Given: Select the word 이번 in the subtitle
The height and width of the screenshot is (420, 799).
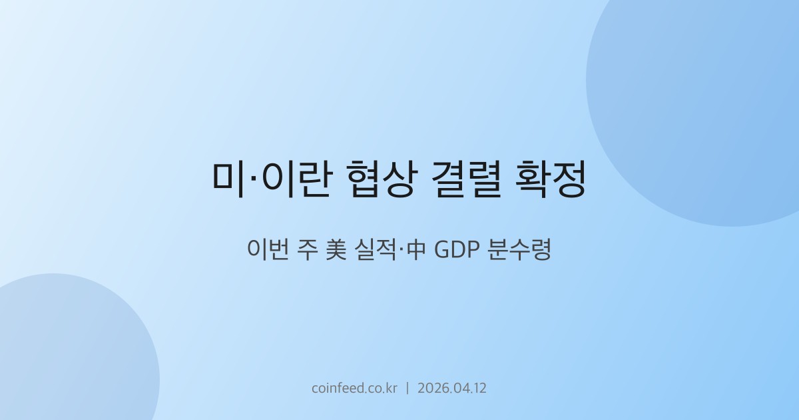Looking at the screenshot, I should [x=268, y=251].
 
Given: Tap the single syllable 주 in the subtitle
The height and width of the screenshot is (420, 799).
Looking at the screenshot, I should [x=307, y=251].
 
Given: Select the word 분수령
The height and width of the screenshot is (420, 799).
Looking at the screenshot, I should [x=524, y=251].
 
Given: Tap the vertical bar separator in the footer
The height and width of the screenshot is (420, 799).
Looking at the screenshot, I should [x=407, y=388].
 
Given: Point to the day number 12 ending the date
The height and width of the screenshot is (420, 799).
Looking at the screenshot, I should [x=479, y=388].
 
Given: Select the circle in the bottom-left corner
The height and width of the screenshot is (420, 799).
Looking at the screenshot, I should [x=67, y=353].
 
